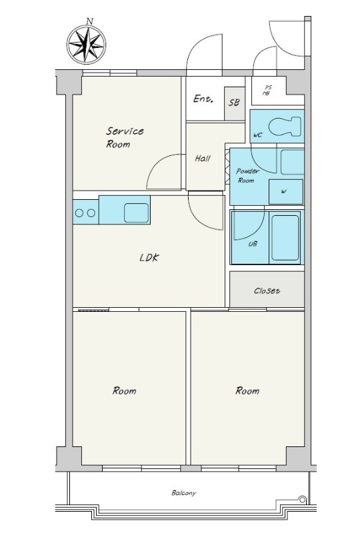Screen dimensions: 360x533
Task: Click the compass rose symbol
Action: point(86,45)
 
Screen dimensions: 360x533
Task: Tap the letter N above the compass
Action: point(89,21)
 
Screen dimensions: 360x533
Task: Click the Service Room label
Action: point(125,137)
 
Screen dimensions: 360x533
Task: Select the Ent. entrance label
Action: point(203,99)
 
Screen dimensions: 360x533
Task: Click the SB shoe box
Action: point(234,103)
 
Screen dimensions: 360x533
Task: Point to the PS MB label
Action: point(267,91)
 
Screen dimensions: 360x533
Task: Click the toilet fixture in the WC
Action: point(285,127)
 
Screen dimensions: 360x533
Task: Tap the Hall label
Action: point(203,159)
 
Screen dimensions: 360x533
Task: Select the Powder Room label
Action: point(247,175)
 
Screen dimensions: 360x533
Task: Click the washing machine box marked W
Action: point(286,192)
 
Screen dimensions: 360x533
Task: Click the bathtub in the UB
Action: point(285,237)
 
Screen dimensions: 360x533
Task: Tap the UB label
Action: point(253,244)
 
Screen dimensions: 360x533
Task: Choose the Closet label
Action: point(267,291)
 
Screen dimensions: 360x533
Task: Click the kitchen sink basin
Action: point(136,213)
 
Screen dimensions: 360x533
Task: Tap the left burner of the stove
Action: point(79,213)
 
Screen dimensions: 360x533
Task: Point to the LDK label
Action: point(149,258)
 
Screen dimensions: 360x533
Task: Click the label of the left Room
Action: point(124,391)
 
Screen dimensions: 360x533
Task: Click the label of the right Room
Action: point(247,391)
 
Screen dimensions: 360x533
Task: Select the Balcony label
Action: point(184,493)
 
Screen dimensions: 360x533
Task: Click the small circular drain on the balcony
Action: point(302,499)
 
